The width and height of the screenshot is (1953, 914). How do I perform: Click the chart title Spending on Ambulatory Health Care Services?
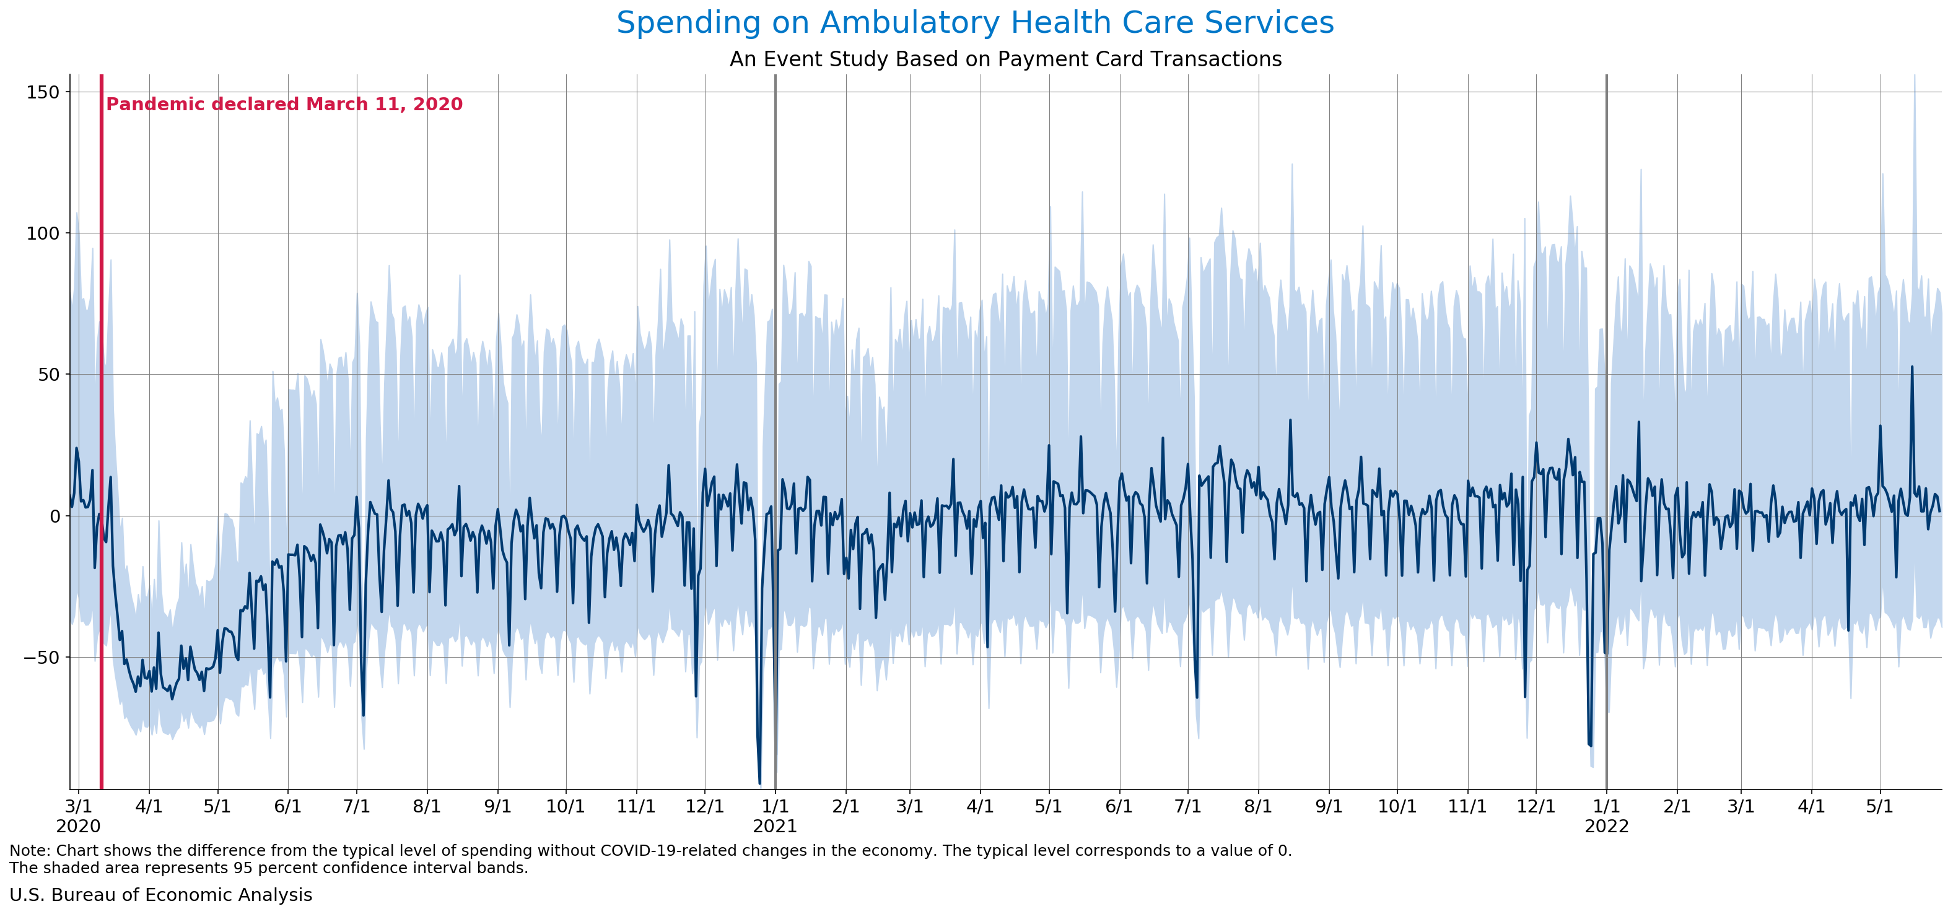pyautogui.click(x=975, y=23)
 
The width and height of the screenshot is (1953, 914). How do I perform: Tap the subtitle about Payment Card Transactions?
pyautogui.click(x=1005, y=59)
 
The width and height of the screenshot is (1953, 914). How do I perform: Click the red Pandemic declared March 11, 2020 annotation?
pyautogui.click(x=284, y=105)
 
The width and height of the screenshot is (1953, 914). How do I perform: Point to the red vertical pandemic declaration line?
pyautogui.click(x=102, y=455)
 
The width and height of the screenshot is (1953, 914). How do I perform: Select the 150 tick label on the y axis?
pyautogui.click(x=43, y=92)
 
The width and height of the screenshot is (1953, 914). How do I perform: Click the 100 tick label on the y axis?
pyautogui.click(x=43, y=233)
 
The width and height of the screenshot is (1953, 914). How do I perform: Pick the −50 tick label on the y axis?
pyautogui.click(x=41, y=657)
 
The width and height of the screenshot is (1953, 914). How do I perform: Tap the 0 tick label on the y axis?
pyautogui.click(x=54, y=516)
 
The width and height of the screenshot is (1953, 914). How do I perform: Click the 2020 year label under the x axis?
pyautogui.click(x=78, y=826)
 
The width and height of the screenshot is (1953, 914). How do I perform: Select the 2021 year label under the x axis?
pyautogui.click(x=775, y=826)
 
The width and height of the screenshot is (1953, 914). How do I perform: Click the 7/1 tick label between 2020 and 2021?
pyautogui.click(x=357, y=806)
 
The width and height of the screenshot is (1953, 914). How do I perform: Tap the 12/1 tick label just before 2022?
pyautogui.click(x=1536, y=806)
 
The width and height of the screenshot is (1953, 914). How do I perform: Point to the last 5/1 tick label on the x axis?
pyautogui.click(x=1880, y=806)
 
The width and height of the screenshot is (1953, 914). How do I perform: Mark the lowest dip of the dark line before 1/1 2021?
pyautogui.click(x=759, y=783)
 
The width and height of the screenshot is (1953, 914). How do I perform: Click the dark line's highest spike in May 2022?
pyautogui.click(x=1912, y=368)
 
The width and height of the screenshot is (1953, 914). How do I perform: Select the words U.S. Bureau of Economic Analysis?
pyautogui.click(x=160, y=895)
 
